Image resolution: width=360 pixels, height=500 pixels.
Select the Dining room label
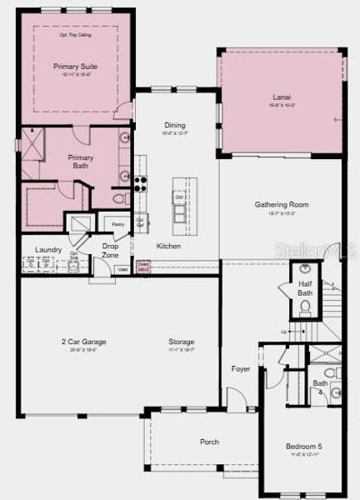(x=175, y=125)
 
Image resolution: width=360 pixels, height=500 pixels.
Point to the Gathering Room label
(x=282, y=204)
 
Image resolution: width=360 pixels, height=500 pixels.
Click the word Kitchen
(x=168, y=246)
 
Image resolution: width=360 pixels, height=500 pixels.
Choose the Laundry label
(x=48, y=249)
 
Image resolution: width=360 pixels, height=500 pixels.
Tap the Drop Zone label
(x=110, y=249)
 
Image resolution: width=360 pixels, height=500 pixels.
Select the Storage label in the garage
(x=181, y=342)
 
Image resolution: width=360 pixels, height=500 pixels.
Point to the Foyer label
(x=240, y=367)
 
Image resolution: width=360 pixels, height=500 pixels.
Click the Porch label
(x=209, y=442)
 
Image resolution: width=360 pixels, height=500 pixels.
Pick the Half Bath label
(x=306, y=288)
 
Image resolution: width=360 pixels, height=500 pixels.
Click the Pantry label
(x=117, y=224)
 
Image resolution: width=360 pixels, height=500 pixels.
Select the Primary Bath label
(x=81, y=161)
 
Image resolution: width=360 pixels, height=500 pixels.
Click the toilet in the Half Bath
(x=306, y=308)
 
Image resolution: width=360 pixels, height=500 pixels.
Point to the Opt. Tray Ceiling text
(x=76, y=35)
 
